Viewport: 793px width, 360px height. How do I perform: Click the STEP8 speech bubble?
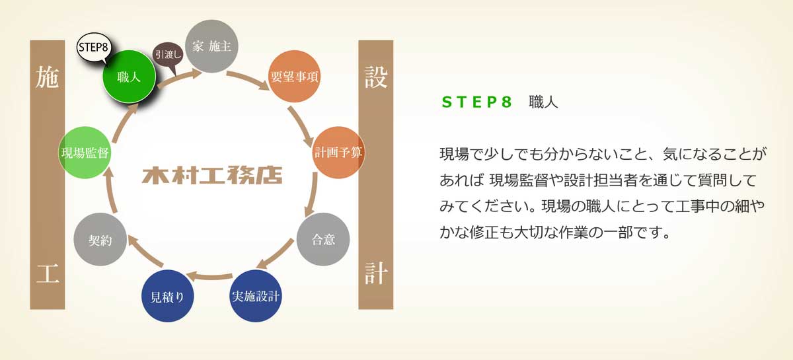coord(94,48)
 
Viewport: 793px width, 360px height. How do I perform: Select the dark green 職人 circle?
coord(130,77)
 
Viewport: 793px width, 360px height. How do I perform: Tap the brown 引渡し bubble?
coord(168,55)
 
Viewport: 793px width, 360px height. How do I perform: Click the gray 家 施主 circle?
coord(211,46)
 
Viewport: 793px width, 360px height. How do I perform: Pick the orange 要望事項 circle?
coord(294,77)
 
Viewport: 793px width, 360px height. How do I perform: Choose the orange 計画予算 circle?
coord(338,153)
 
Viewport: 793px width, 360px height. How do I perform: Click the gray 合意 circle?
coord(323,239)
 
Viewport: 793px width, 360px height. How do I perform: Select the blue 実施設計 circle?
coord(256,296)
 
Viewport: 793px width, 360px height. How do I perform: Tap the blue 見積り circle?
coord(167,296)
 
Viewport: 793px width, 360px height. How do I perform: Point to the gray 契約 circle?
coord(100,239)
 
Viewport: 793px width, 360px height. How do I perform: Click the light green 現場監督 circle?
coord(85,153)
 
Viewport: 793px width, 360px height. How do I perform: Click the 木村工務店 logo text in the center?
coord(212,175)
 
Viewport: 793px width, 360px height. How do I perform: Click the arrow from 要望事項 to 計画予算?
coord(300,126)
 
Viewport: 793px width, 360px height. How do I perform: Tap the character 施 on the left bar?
coord(47,77)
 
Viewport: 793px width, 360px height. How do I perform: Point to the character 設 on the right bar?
coord(376,77)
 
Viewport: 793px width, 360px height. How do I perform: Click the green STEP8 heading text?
coord(476,102)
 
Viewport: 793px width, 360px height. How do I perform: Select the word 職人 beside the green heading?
coord(543,102)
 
